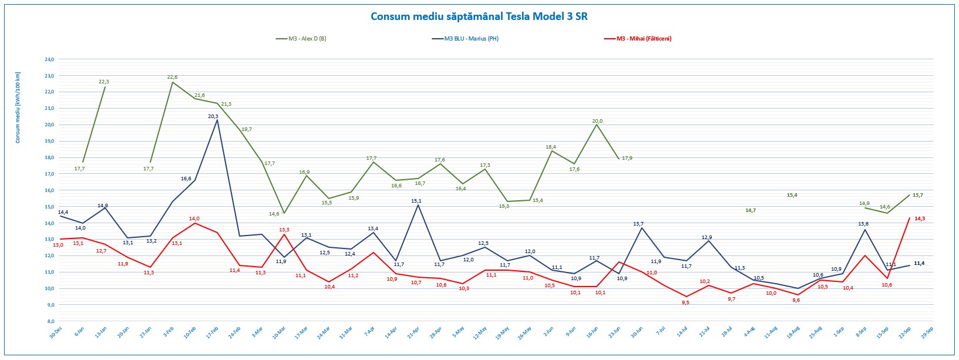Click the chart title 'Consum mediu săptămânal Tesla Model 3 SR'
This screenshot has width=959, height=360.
pyautogui.click(x=479, y=16)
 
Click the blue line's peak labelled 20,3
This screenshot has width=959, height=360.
pyautogui.click(x=213, y=116)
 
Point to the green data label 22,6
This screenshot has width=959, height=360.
pyautogui.click(x=172, y=77)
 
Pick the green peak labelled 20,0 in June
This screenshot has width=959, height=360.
pyautogui.click(x=597, y=121)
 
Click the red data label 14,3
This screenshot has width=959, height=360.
pyautogui.click(x=920, y=218)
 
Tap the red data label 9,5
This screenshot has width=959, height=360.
pyautogui.click(x=685, y=302)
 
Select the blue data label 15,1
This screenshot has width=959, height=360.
pyautogui.click(x=416, y=201)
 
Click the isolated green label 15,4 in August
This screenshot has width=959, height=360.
pyautogui.click(x=792, y=195)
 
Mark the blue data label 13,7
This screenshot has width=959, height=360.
pyautogui.click(x=638, y=224)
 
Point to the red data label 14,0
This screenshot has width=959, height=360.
pyautogui.click(x=194, y=218)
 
